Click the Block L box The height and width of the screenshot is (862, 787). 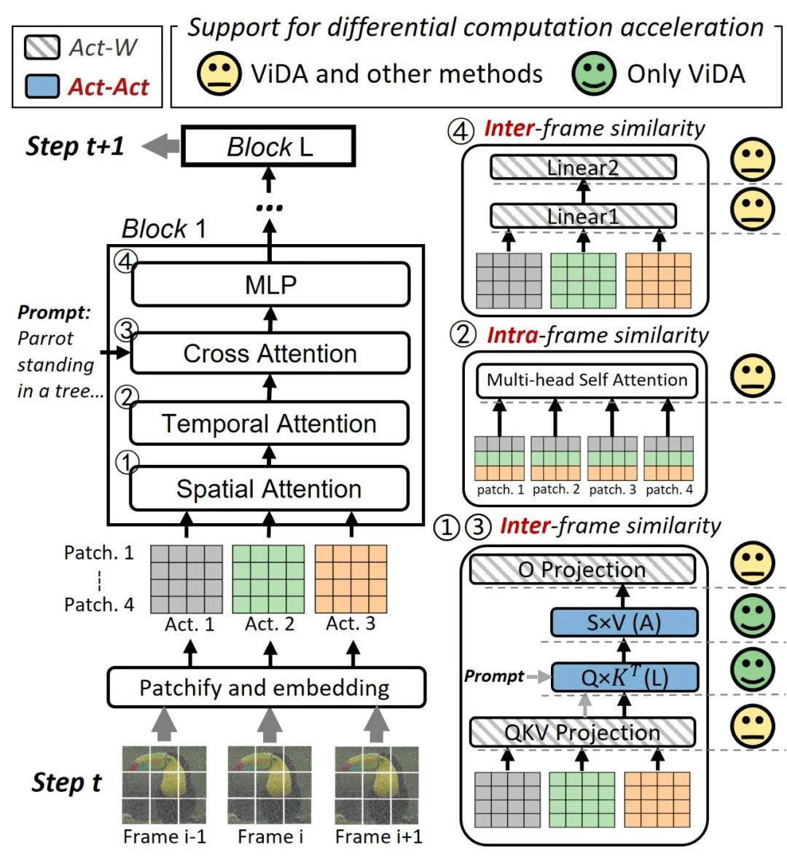(268, 146)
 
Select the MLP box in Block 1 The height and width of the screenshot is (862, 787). (270, 284)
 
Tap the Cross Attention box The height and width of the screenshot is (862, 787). (270, 353)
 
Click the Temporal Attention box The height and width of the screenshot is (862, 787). (269, 423)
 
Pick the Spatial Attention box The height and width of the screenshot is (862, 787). (269, 489)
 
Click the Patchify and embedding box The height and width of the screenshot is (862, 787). (266, 688)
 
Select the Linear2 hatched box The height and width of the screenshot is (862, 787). (582, 168)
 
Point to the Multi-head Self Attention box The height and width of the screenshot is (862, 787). (587, 380)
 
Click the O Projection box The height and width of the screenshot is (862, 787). (582, 570)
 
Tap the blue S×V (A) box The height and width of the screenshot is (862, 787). (624, 623)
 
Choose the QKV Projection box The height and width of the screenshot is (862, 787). (582, 732)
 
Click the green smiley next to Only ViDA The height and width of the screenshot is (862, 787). (593, 74)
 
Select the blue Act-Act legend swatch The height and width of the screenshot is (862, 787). (42, 87)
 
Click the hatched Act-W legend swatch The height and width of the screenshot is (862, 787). (42, 47)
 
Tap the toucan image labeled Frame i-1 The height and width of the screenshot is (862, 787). (164, 784)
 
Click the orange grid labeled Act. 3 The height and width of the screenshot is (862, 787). (351, 579)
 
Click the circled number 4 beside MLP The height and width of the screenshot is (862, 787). (125, 261)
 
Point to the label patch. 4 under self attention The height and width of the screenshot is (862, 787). (669, 490)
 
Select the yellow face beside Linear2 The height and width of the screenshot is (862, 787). (753, 159)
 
